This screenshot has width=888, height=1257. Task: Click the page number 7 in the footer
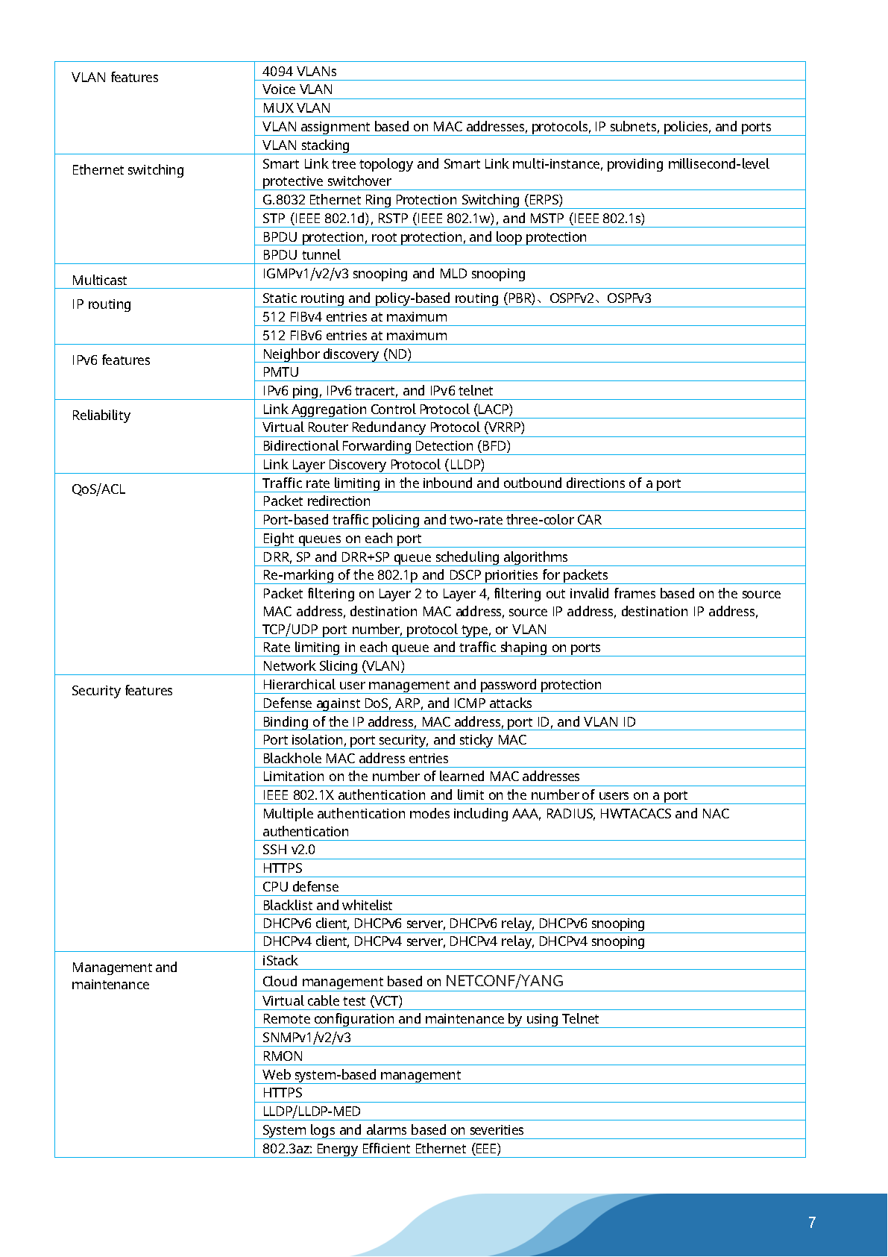coord(811,1222)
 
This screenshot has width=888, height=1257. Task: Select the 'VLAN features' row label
coord(115,78)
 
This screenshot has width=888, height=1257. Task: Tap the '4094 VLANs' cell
coord(300,72)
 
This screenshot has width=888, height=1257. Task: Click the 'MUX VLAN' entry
coord(297,108)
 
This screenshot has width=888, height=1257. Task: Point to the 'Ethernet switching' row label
coord(127,170)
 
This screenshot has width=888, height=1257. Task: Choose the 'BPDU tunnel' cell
coord(301,255)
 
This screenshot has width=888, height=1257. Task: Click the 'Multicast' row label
coord(99,280)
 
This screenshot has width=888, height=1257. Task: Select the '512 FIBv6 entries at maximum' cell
coord(355,336)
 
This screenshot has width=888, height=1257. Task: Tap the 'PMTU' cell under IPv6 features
coord(280,372)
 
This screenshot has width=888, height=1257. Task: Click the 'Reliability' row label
coord(101,416)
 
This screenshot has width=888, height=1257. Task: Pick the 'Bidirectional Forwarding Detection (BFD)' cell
coord(386,446)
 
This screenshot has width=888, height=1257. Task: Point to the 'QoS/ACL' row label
coord(98,489)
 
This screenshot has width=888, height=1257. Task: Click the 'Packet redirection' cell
coord(316,501)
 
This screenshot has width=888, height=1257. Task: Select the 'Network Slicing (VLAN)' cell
coord(333,666)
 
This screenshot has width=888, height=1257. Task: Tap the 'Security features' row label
coord(122,691)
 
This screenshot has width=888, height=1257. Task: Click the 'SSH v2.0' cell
coord(289,850)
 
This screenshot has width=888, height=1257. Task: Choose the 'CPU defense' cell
coord(300,887)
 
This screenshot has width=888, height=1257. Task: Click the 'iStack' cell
coord(280,961)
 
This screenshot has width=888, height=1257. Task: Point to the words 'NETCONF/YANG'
coord(504,981)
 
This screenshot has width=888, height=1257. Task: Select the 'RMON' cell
coord(283,1056)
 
